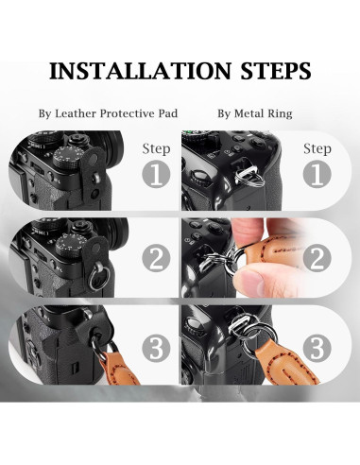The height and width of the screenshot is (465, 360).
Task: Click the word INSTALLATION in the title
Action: (x=140, y=71)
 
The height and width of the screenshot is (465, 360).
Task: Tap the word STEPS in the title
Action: (x=276, y=71)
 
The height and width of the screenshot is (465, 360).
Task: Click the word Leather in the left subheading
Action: (x=76, y=113)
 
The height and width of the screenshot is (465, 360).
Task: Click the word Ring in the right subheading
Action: (x=280, y=113)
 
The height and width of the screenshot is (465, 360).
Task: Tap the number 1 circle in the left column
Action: (x=156, y=174)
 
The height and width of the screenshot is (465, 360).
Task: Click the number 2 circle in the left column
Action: (x=156, y=259)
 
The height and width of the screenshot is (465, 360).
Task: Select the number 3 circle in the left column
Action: (x=156, y=348)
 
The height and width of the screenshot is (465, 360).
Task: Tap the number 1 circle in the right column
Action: (x=317, y=174)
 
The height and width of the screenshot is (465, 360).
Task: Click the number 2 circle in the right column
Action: (x=317, y=259)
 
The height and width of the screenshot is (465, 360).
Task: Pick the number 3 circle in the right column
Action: (x=317, y=348)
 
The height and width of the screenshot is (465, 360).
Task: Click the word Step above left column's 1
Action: (x=156, y=149)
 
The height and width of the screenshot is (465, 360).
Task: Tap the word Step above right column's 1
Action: (x=317, y=149)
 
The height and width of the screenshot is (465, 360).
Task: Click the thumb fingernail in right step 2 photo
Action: (x=249, y=280)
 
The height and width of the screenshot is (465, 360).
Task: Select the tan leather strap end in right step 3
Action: (x=286, y=362)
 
